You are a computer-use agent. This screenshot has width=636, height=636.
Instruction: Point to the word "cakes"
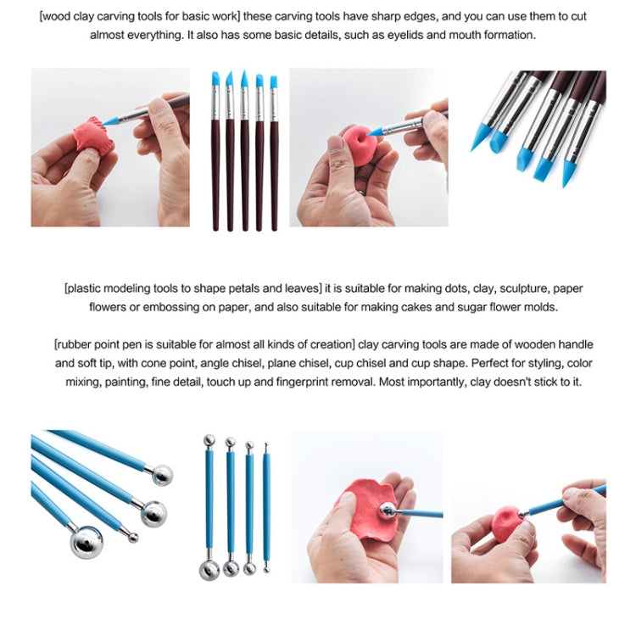[444, 307]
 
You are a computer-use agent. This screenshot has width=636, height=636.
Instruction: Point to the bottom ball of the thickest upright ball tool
[209, 567]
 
